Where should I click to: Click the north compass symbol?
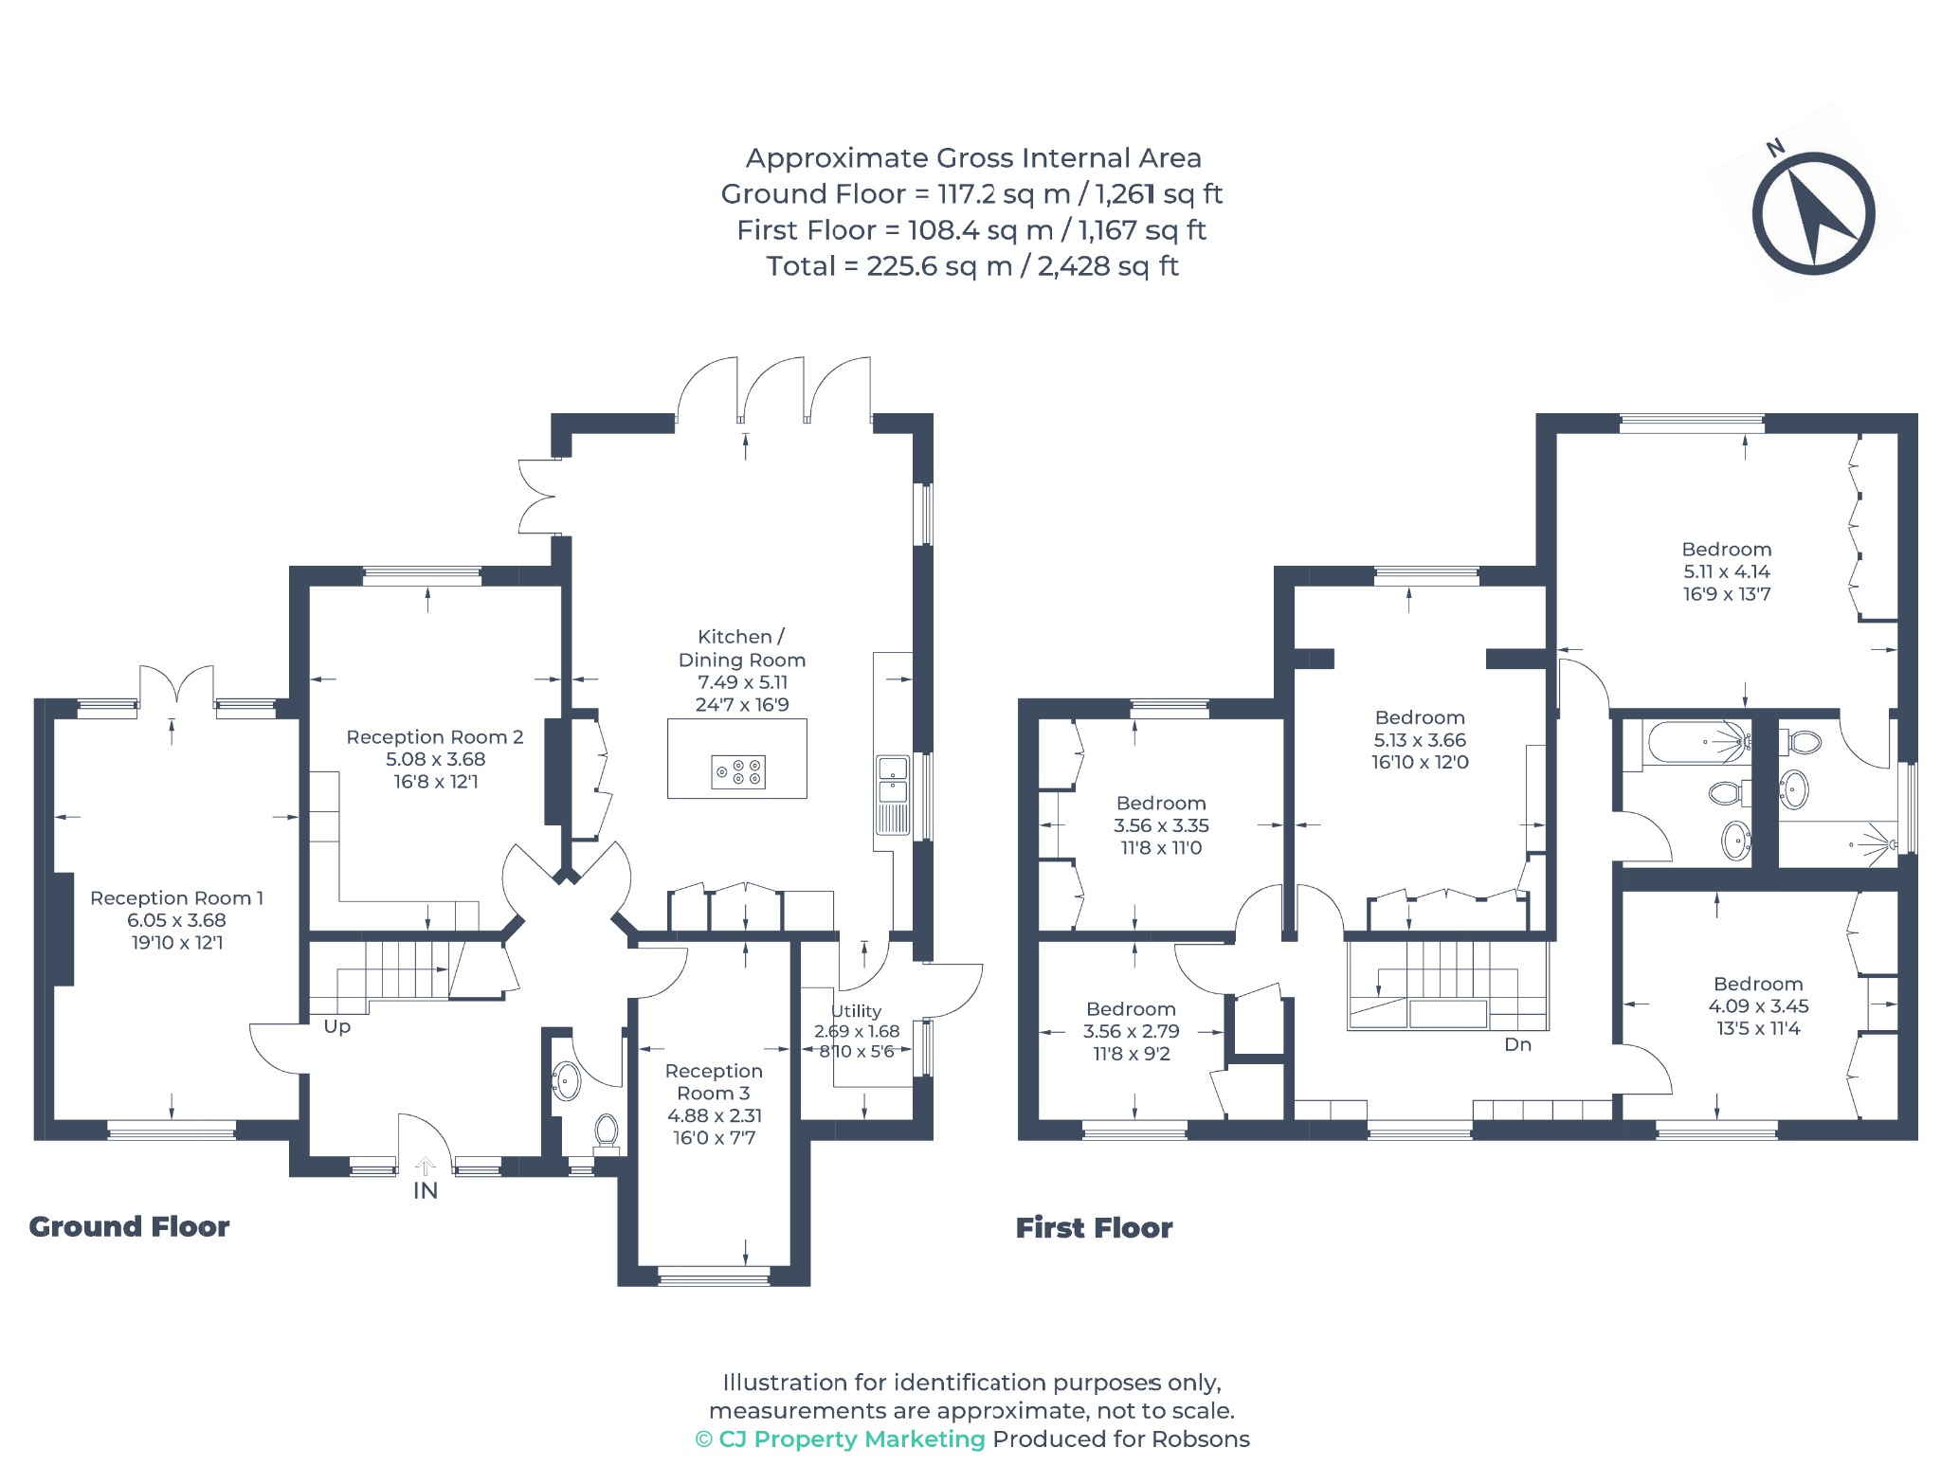click(x=1812, y=214)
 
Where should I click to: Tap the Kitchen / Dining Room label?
click(x=742, y=648)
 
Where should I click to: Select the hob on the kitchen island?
click(x=737, y=772)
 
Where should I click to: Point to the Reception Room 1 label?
click(x=176, y=897)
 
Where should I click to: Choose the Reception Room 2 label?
click(x=435, y=736)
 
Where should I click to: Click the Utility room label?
click(x=856, y=1011)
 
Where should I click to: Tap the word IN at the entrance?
click(x=426, y=1190)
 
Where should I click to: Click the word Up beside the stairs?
click(x=337, y=1027)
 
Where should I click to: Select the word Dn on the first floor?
click(x=1518, y=1044)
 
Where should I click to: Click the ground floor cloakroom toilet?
click(x=607, y=1133)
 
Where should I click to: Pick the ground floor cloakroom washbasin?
click(x=566, y=1081)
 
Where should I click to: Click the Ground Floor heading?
click(x=130, y=1226)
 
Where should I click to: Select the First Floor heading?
click(x=1095, y=1228)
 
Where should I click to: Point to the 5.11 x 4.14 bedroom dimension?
click(x=1727, y=571)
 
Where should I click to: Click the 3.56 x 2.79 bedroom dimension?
click(x=1132, y=1031)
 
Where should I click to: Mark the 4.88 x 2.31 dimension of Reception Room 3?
click(x=715, y=1115)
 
